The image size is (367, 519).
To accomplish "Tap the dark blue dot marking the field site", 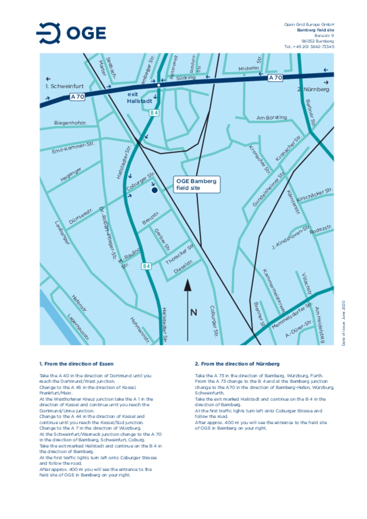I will [154, 190].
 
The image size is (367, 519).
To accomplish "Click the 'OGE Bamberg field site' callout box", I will [196, 184].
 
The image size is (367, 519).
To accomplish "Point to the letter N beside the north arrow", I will [194, 312].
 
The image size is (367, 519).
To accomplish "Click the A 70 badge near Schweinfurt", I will [77, 97].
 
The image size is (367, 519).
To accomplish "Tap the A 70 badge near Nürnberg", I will [275, 77].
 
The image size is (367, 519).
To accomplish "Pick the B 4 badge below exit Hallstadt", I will [154, 113].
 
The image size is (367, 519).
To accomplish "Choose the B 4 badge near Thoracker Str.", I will [146, 266].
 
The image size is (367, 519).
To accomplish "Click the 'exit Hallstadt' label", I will [139, 98].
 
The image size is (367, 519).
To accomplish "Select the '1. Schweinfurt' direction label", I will [64, 86].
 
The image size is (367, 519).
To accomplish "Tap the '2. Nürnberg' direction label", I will [313, 89].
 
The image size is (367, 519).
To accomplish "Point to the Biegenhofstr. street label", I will [70, 123].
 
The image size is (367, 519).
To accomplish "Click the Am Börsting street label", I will [271, 117].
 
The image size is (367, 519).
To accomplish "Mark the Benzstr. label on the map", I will [151, 218].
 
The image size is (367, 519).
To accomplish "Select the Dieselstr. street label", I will [183, 267].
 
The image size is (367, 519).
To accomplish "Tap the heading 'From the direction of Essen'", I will [76, 364].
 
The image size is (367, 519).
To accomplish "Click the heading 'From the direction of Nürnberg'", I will [237, 364].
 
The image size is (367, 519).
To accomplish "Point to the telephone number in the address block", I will [309, 47].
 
